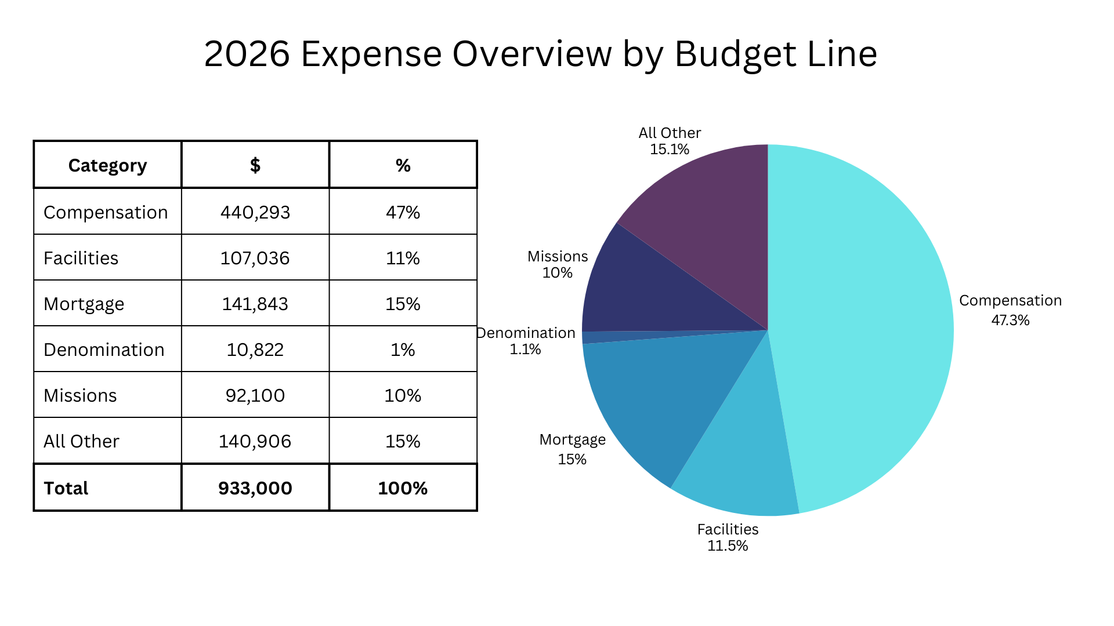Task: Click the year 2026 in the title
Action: (247, 54)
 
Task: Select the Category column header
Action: (107, 166)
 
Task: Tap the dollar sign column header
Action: (255, 166)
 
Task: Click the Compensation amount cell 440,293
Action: (255, 212)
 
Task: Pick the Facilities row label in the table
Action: (81, 258)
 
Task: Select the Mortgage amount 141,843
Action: (255, 304)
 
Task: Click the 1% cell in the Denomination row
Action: (403, 350)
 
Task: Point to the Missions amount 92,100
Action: (255, 395)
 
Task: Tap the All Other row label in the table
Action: (81, 441)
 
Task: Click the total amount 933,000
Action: (255, 488)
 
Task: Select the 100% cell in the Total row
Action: (403, 488)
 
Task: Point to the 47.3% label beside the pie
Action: (1010, 321)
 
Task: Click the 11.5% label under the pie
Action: (728, 546)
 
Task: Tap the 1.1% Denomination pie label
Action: (525, 350)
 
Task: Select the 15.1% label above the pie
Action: (670, 150)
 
